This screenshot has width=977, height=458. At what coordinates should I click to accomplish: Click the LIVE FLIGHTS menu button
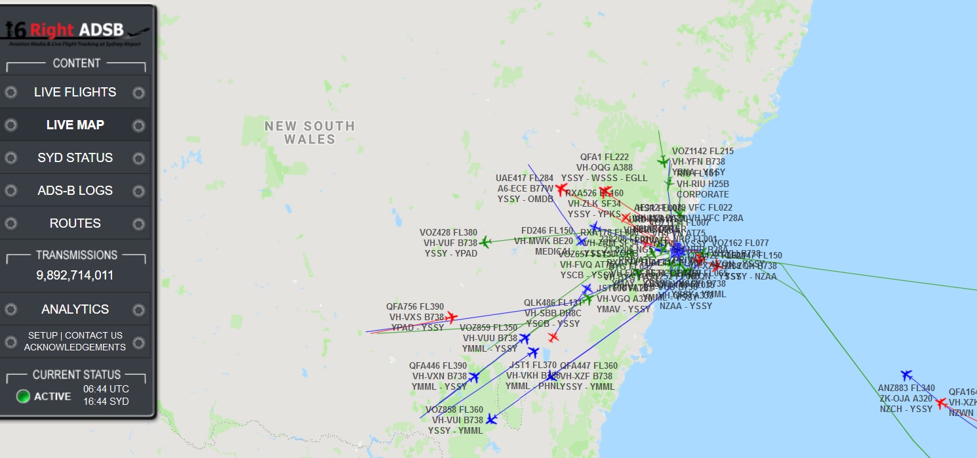pos(75,93)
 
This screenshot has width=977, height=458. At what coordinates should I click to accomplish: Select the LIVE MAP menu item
pos(75,125)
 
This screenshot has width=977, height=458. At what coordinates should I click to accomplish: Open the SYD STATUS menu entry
pos(75,158)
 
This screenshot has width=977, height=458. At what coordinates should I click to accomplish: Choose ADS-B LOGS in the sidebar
pos(75,191)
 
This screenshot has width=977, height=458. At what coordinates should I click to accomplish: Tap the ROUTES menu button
pos(75,224)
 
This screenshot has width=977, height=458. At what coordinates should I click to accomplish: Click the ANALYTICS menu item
pos(75,309)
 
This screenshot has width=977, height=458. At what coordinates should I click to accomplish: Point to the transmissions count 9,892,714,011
pos(75,276)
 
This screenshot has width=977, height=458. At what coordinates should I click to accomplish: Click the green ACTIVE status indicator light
pos(24,396)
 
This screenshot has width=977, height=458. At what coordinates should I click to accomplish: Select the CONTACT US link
pos(94,335)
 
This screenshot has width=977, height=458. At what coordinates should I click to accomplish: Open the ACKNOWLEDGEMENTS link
pos(75,347)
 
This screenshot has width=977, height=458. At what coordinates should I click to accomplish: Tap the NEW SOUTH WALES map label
pos(309,133)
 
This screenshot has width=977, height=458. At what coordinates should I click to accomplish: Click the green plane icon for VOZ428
pos(485,242)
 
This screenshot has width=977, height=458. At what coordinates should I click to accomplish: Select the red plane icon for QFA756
pos(451,318)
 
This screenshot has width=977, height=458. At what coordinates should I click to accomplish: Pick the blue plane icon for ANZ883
pos(906,375)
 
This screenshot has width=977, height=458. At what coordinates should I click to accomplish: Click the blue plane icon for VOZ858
pos(491,419)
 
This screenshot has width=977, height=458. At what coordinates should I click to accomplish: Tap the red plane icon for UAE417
pos(561,189)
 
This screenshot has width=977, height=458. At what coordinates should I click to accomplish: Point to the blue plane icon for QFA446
pos(474,377)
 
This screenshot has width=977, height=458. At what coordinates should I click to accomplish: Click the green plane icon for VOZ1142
pos(663,161)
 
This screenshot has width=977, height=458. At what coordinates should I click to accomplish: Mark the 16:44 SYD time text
pos(106,402)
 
